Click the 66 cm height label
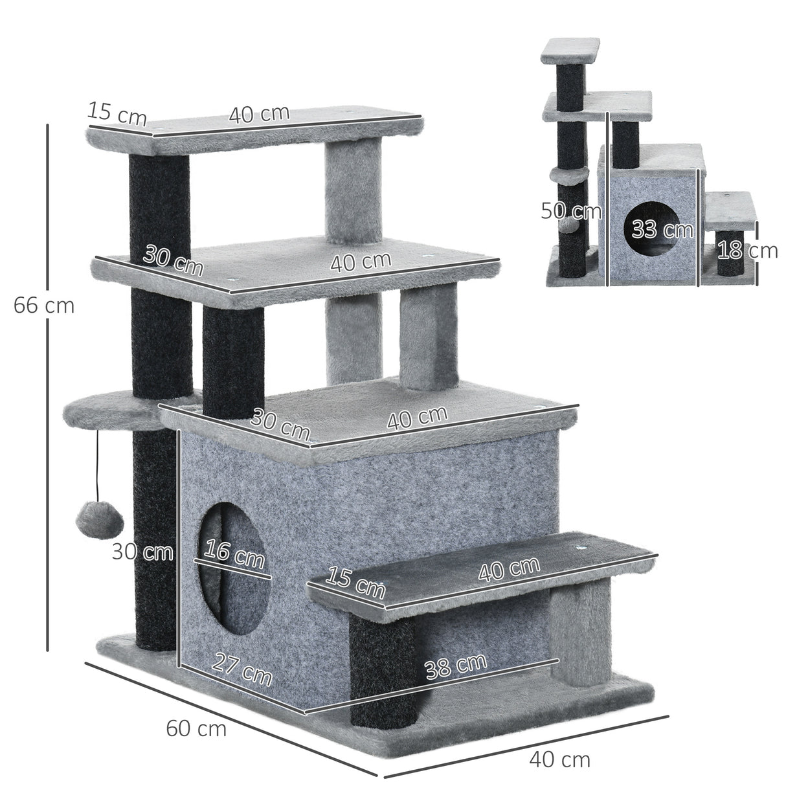point(43,306)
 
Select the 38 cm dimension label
point(455,666)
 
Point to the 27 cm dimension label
point(242,671)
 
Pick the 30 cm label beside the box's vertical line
point(142,552)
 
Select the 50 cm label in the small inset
point(571,211)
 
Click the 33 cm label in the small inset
point(653,229)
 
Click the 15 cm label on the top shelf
point(117,113)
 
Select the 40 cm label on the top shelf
point(259,115)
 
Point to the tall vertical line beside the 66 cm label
point(47,388)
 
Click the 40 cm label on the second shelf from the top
point(361,262)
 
